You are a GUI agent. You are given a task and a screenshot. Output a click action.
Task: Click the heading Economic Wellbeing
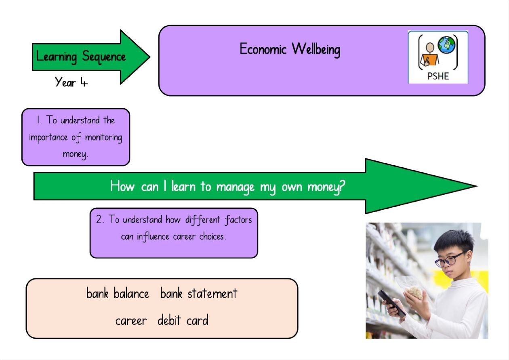coord(290,49)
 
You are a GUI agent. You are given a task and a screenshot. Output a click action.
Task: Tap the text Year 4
coord(71,82)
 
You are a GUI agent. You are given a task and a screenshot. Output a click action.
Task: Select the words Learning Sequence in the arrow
coord(81,57)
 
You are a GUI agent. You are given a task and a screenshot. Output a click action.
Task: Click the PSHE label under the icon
coord(438,76)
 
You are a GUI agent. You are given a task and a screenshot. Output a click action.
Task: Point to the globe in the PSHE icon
coord(446,45)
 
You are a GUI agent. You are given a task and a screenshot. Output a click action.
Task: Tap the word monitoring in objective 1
coord(103,137)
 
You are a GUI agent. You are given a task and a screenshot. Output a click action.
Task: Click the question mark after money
coord(342,186)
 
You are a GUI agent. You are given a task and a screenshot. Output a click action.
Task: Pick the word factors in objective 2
coord(238,220)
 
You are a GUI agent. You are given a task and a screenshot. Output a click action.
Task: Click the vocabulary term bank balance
coord(118,293)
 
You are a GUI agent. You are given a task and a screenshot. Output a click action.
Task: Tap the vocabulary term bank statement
coord(199,293)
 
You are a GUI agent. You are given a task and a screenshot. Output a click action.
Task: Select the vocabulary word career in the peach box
coord(131,321)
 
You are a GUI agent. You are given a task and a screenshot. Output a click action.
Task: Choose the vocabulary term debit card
coord(183,320)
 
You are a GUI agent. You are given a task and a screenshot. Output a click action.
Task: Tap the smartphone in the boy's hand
coord(391,303)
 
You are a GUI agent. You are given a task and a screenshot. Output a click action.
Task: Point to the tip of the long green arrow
coord(477,186)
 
